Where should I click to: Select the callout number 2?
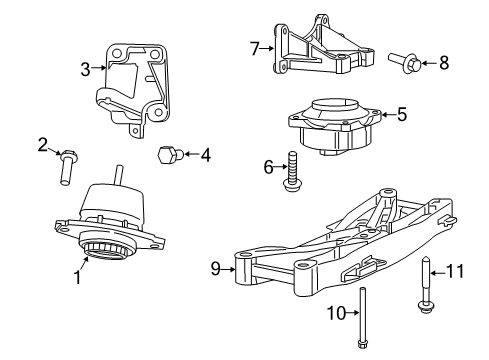pyautogui.click(x=42, y=144)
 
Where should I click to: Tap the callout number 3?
pyautogui.click(x=85, y=69)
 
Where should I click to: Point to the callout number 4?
pyautogui.click(x=205, y=155)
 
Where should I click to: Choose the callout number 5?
pyautogui.click(x=401, y=115)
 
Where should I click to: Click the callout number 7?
pyautogui.click(x=254, y=46)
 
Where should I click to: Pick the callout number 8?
pyautogui.click(x=444, y=64)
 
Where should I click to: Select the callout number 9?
pyautogui.click(x=214, y=268)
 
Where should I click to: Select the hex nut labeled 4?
pyautogui.click(x=170, y=155)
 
